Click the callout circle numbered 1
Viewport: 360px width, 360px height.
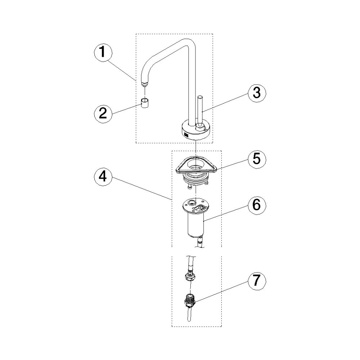click(x=103, y=52)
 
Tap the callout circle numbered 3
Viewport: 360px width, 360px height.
click(x=256, y=93)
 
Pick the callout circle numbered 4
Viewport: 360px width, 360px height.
click(x=103, y=177)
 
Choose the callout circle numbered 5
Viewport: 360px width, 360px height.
click(x=256, y=159)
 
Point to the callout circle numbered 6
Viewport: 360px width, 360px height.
click(x=256, y=205)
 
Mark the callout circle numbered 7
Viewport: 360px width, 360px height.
click(x=256, y=280)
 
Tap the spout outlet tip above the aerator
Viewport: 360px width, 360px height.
click(x=145, y=84)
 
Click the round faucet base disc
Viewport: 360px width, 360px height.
click(x=195, y=131)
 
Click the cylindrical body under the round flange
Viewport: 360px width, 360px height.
click(x=195, y=224)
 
